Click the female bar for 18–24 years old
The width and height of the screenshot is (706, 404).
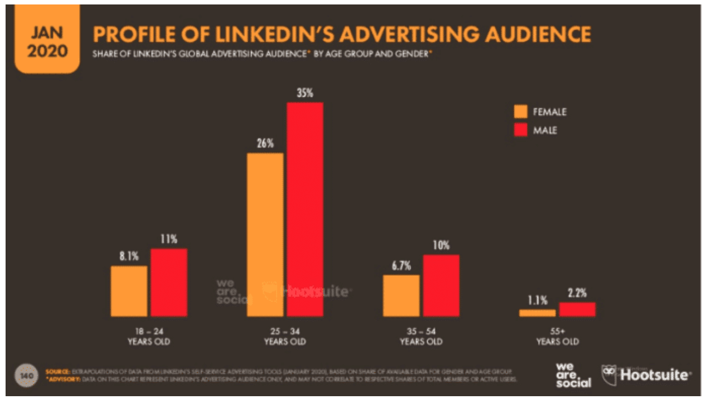click(129, 291)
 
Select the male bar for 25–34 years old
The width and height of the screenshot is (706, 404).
click(304, 209)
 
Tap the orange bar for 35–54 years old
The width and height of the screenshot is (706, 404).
click(401, 295)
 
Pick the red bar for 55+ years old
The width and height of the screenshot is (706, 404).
click(577, 309)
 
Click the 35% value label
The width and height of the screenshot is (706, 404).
click(304, 93)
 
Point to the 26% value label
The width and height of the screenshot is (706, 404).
click(265, 143)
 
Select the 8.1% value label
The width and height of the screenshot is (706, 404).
click(129, 256)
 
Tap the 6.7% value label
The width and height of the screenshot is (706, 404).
click(401, 266)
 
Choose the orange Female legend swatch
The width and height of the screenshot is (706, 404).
click(520, 112)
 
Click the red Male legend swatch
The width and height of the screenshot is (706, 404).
click(520, 131)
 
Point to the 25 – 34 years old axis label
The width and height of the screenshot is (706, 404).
click(285, 336)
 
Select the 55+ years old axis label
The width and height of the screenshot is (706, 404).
click(557, 336)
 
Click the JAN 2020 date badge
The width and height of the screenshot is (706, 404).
click(47, 42)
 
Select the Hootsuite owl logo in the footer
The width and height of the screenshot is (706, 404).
click(610, 374)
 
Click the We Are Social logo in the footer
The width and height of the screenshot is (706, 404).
click(573, 375)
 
